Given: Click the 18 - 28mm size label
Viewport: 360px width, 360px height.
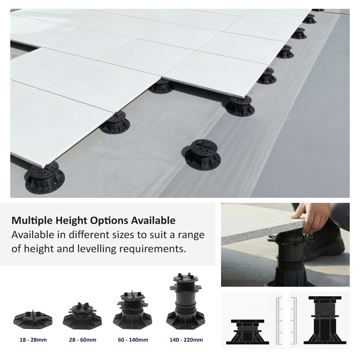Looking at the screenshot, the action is [x=33, y=340].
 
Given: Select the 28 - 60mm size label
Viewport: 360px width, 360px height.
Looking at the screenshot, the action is [x=83, y=340].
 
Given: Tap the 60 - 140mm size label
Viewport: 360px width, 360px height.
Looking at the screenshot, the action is [x=133, y=340].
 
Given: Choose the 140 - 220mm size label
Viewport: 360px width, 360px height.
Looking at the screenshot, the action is [x=186, y=340].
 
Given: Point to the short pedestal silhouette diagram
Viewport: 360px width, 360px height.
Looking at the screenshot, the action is [x=248, y=332].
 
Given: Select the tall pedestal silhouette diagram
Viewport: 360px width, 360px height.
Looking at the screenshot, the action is [x=325, y=320].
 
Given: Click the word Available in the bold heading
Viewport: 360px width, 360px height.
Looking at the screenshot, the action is [x=153, y=221].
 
